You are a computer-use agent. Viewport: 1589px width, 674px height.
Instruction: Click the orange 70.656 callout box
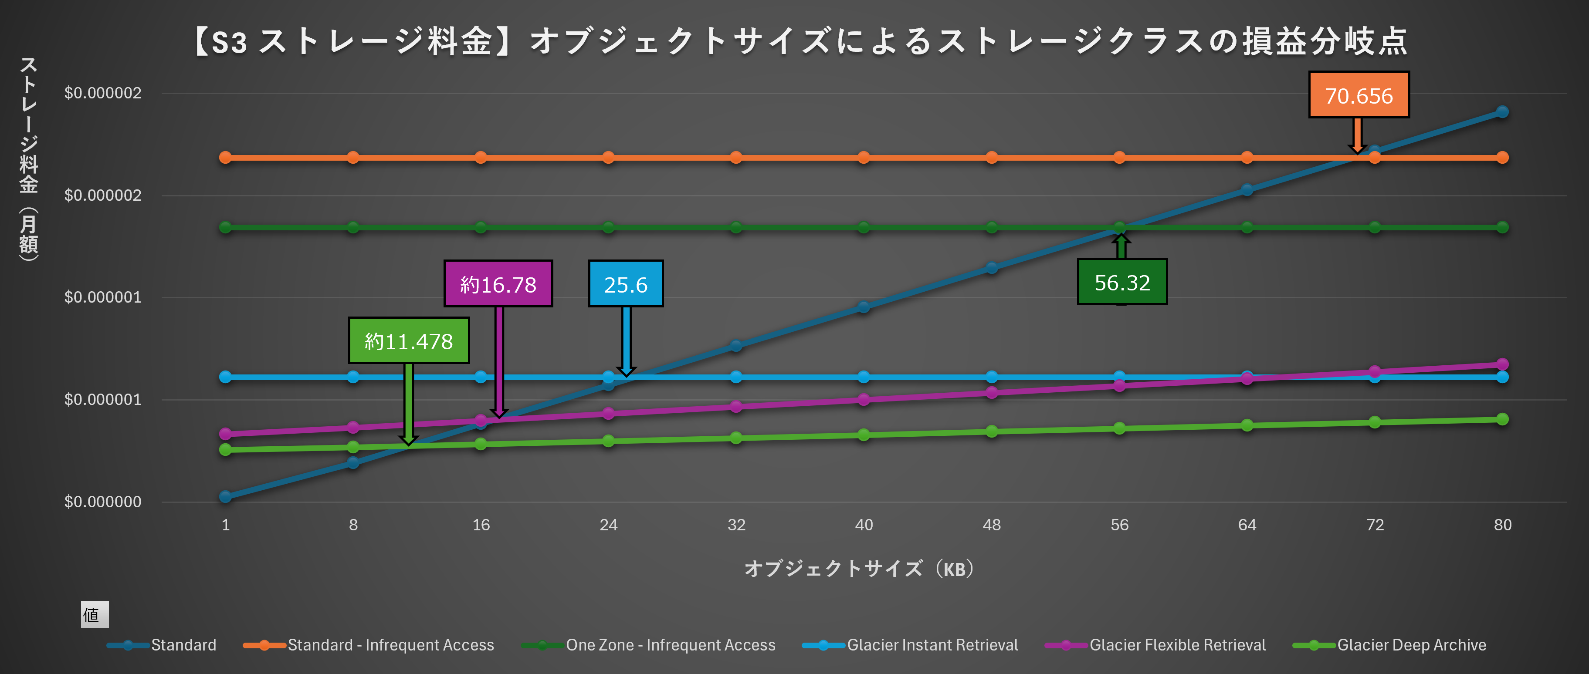click(x=1359, y=95)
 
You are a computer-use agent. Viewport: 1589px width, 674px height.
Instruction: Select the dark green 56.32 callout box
click(x=1121, y=282)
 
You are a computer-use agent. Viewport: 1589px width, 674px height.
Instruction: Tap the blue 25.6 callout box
click(x=626, y=283)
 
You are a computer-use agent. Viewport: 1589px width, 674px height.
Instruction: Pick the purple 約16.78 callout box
click(x=498, y=283)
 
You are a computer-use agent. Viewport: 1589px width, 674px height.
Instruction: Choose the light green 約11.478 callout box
click(x=408, y=340)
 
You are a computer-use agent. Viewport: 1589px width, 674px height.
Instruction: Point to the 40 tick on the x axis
click(x=864, y=525)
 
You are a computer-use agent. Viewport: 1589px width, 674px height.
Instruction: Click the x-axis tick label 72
click(x=1374, y=525)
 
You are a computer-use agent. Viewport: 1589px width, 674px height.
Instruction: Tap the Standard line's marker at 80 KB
click(x=1502, y=111)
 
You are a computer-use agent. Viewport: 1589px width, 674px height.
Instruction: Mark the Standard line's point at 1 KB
click(x=226, y=496)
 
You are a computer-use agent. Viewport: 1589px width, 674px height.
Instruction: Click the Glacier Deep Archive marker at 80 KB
click(x=1502, y=419)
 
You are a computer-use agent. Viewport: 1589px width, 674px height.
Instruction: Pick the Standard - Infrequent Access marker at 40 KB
click(x=864, y=157)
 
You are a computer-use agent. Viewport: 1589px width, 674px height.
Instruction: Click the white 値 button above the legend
click(x=95, y=614)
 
